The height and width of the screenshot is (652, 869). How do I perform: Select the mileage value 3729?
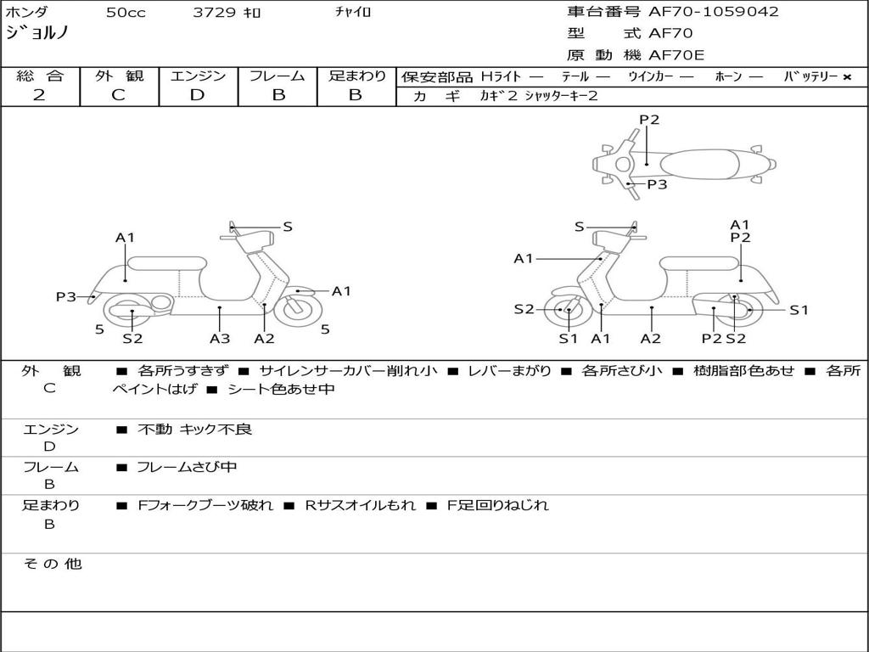pos(216,13)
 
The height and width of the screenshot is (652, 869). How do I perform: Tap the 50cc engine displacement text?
pos(126,13)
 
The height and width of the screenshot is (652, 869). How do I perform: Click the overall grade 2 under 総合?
pos(39,95)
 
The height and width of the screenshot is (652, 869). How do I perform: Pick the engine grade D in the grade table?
pos(197,95)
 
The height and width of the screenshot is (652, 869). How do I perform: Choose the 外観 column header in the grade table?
pos(119,76)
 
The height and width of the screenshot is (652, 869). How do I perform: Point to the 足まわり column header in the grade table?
pos(356,76)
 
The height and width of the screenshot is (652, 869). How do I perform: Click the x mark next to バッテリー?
pos(847,77)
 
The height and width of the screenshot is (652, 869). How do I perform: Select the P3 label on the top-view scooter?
pos(657,184)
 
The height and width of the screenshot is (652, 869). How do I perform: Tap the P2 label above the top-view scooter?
pos(649,120)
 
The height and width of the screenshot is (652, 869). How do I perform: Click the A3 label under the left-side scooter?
pos(220,338)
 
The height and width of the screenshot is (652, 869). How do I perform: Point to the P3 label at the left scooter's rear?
pos(66,296)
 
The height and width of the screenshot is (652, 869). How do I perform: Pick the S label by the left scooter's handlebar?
pos(288,227)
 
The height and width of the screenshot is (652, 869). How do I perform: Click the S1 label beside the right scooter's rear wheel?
pos(799,310)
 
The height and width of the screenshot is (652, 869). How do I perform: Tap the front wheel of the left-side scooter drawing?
pos(298,307)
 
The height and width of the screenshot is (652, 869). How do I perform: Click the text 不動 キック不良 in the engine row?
pos(194,430)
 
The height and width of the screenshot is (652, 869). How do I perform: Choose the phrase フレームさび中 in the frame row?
pos(187,467)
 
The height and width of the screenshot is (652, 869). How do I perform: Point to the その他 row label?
pos(52,564)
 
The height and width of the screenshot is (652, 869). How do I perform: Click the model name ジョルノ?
pos(37,34)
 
